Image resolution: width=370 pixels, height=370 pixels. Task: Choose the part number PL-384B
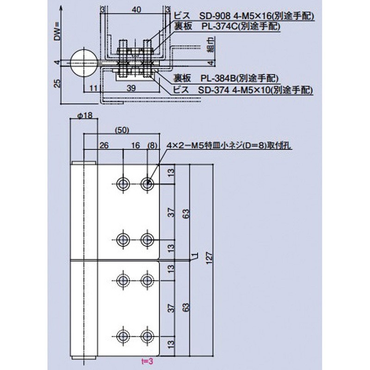(x=221, y=79)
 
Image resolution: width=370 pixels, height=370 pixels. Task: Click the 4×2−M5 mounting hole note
(x=230, y=145)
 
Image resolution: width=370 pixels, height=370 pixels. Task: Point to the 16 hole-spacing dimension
(x=136, y=145)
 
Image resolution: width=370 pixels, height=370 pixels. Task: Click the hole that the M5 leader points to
(x=148, y=184)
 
